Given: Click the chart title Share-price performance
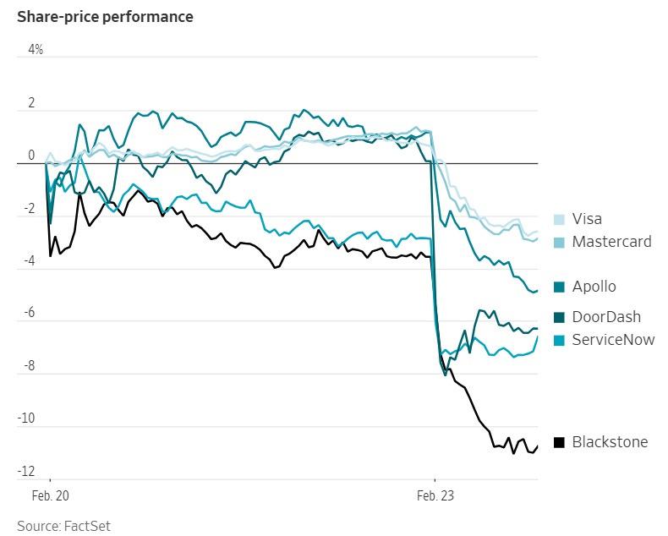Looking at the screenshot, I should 105,17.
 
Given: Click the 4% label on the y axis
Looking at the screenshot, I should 36,50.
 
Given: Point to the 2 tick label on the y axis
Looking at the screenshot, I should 31,103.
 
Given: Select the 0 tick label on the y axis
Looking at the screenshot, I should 31,156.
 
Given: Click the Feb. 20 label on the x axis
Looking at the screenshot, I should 49,496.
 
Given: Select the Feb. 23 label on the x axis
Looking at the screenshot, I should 436,496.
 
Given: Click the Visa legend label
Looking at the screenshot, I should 587,219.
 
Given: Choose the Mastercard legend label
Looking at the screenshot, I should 611,242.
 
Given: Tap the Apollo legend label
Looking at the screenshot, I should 594,287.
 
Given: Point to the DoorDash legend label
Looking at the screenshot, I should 606,317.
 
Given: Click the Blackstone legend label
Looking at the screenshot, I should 610,441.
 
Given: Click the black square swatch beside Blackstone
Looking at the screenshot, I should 559,442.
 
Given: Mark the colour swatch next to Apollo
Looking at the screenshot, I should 559,287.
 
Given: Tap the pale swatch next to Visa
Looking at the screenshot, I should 559,220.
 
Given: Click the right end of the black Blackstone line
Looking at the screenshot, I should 538,446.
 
